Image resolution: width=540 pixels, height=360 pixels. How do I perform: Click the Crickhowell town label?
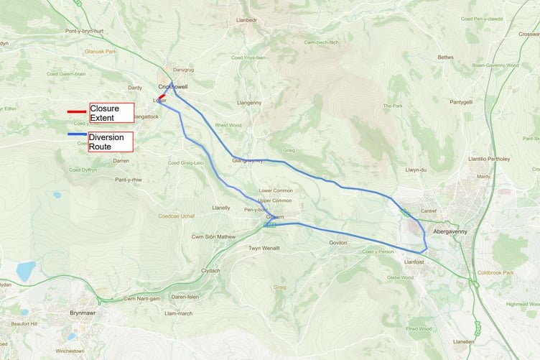[x=172, y=87]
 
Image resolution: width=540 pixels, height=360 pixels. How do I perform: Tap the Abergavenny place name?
[x=450, y=232]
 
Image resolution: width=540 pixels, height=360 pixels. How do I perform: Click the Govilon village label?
[x=338, y=243]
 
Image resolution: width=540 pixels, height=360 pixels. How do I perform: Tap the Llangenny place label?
[x=248, y=103]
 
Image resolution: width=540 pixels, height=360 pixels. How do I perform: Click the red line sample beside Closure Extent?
[x=77, y=111]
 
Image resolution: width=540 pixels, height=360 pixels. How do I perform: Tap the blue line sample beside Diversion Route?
[x=77, y=135]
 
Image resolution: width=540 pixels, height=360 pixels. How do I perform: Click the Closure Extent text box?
[x=111, y=112]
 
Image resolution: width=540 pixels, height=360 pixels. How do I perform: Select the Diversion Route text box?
[x=111, y=141]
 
